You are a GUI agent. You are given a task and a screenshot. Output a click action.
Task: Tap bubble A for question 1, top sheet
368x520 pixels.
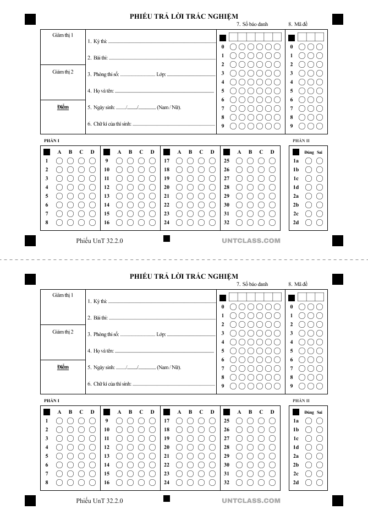(59, 161)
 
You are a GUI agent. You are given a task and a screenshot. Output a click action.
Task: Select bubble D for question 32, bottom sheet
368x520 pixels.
(272, 483)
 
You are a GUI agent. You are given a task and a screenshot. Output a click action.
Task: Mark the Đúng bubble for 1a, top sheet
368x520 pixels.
(309, 161)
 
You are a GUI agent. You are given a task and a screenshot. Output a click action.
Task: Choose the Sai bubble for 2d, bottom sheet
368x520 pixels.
(320, 483)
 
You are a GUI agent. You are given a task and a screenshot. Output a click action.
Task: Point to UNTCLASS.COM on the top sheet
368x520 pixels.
(251, 241)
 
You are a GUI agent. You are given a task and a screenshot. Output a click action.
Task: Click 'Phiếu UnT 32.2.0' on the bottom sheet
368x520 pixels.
(100, 501)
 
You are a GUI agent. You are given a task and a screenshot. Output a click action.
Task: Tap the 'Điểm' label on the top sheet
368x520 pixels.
(63, 107)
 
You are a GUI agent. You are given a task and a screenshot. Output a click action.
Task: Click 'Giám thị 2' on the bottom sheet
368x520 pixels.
(63, 332)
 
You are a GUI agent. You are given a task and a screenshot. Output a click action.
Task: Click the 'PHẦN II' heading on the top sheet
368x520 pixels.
(301, 140)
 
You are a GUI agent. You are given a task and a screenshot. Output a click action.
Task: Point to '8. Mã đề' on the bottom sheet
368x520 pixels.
(298, 284)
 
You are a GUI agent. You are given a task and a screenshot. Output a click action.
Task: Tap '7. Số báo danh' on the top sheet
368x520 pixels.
(252, 24)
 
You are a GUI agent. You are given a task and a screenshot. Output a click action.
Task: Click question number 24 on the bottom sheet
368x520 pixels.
(167, 483)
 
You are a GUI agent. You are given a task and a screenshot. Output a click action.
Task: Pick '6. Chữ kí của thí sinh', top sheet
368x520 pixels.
(109, 124)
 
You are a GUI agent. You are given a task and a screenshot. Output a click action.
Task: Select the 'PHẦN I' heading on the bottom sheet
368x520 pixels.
(51, 400)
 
